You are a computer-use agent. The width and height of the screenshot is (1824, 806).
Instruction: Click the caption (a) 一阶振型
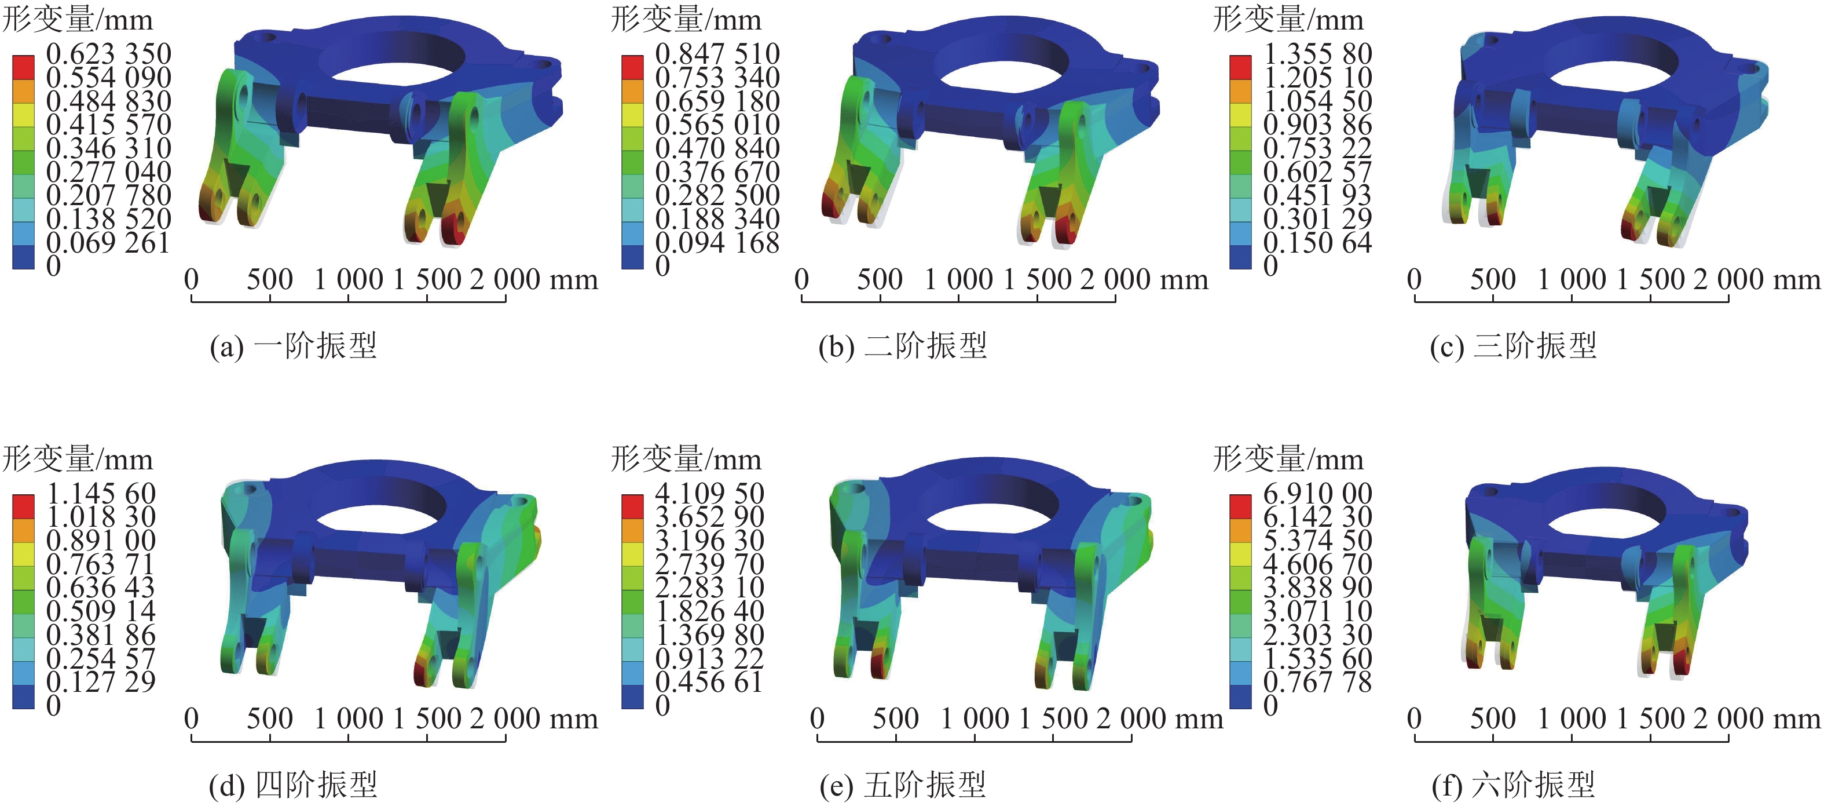(x=293, y=345)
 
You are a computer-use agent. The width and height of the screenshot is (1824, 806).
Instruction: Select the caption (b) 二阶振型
(x=903, y=345)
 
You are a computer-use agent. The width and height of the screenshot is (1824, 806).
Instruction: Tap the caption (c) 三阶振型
(x=1514, y=345)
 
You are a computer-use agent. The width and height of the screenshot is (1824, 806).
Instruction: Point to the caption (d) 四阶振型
(x=293, y=785)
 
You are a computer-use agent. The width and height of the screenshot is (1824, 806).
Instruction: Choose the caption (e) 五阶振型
(x=903, y=785)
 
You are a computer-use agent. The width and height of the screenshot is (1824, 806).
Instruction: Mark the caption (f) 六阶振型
(x=1514, y=785)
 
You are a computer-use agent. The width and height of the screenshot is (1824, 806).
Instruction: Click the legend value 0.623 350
(x=108, y=54)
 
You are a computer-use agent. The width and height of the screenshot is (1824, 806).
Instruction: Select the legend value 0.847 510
(x=717, y=54)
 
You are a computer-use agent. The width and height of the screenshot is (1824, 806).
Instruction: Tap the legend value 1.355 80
(x=1318, y=54)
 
